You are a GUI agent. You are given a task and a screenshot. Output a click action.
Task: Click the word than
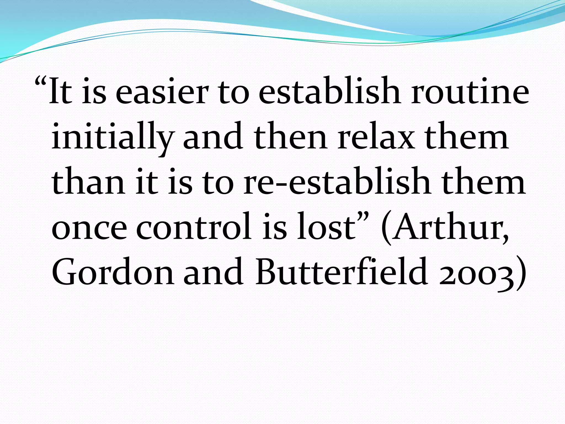pos(88,182)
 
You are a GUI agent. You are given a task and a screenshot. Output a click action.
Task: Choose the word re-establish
pos(337,182)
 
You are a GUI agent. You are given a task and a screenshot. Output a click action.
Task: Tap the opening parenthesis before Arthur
pos(386,228)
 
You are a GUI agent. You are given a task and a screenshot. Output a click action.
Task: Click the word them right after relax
pos(466,137)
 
